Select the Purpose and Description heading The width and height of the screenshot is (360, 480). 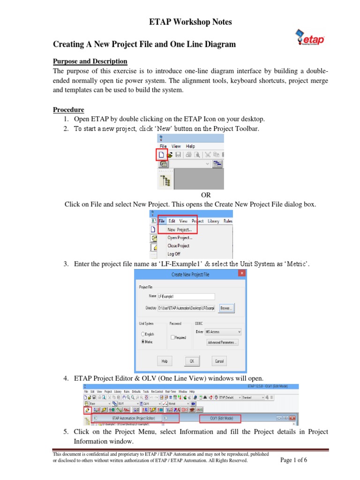[x=90, y=61]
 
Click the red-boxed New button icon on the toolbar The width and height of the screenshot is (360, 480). [x=161, y=154]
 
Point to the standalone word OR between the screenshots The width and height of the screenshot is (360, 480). [x=206, y=195]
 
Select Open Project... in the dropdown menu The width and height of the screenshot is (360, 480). [x=180, y=238]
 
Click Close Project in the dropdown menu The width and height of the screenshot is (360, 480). [x=179, y=246]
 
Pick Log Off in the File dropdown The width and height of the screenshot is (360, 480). [x=174, y=254]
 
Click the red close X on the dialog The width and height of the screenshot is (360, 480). [x=242, y=273]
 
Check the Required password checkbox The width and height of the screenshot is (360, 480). [x=173, y=337]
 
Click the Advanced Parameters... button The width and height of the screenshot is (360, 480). [x=223, y=342]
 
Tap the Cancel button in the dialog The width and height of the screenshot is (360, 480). [x=219, y=361]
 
